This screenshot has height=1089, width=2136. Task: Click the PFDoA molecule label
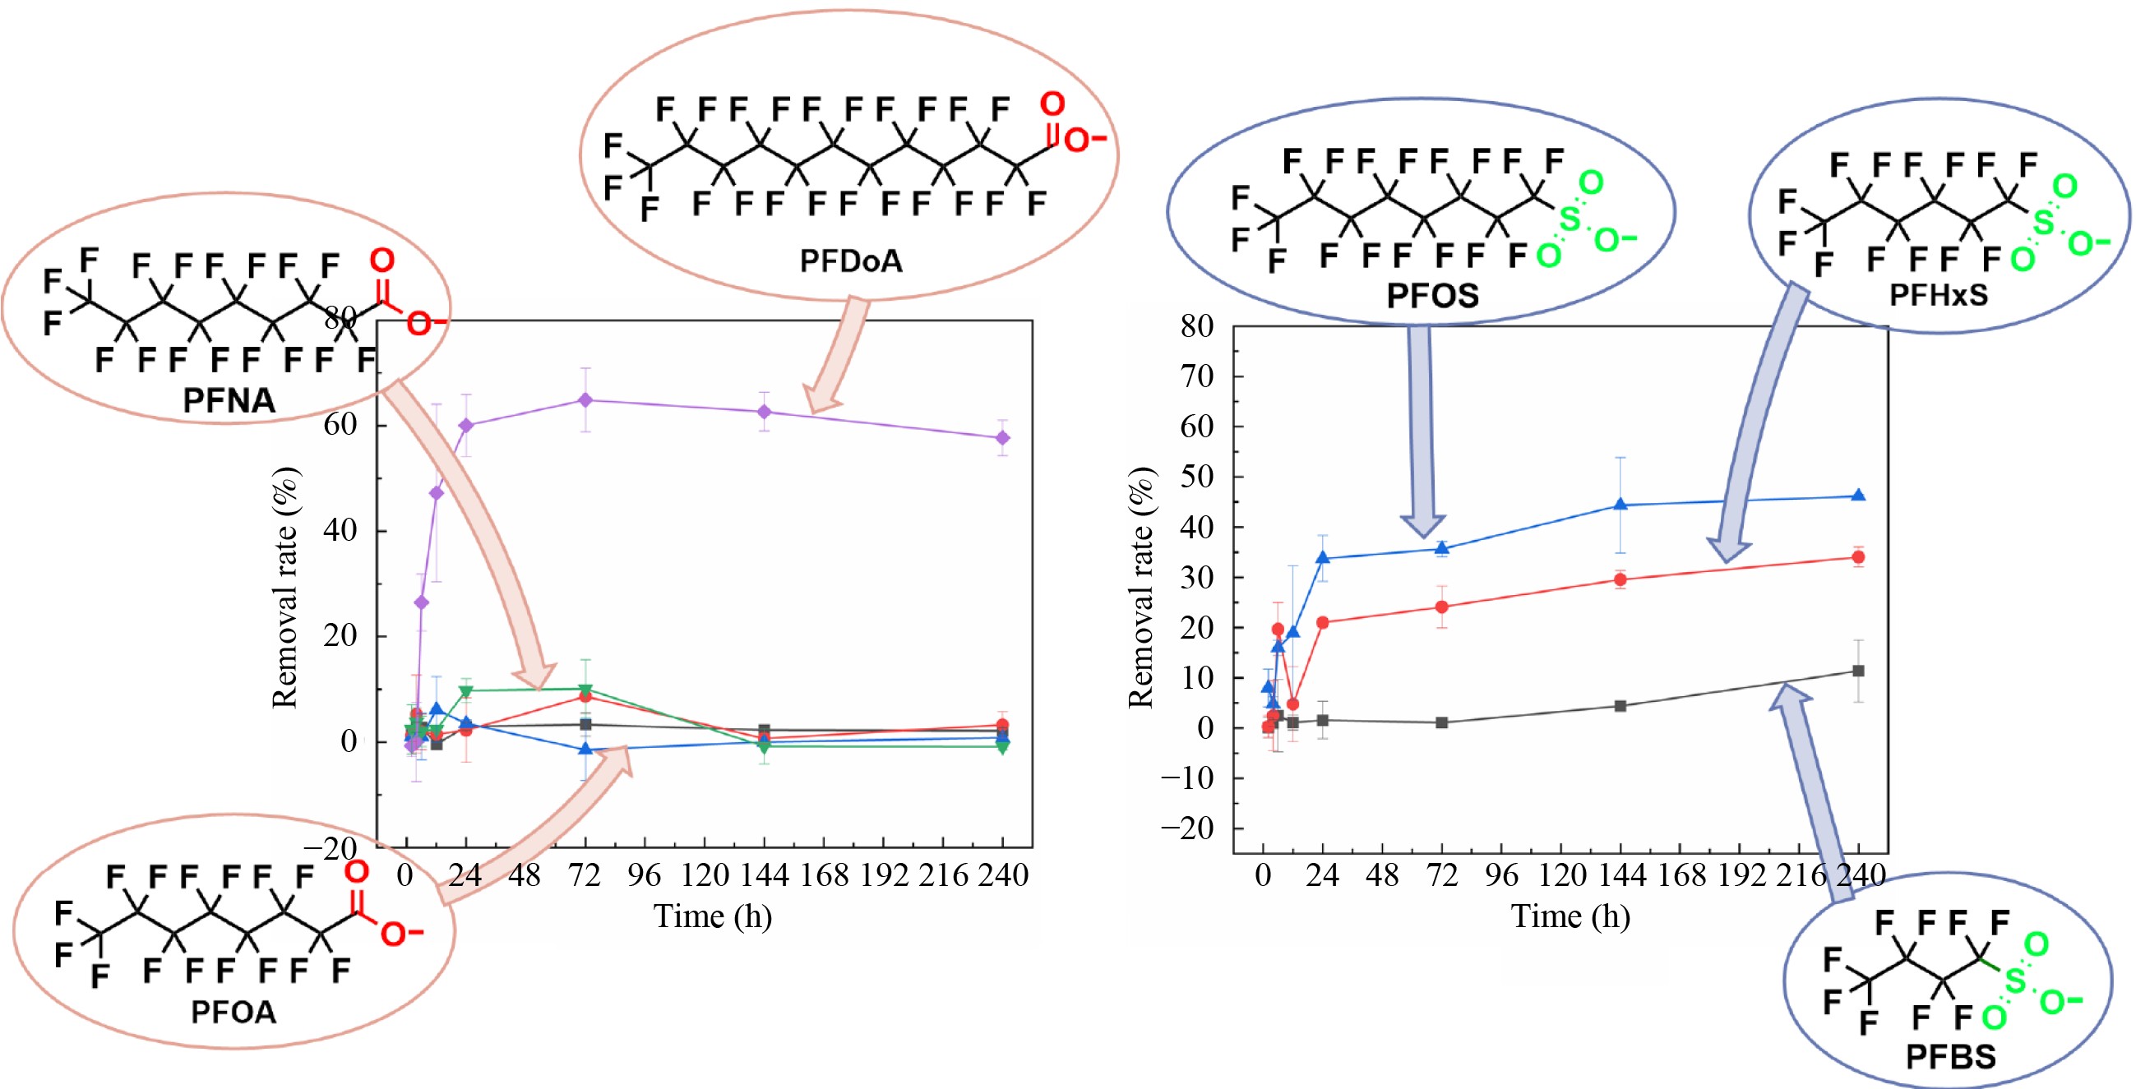tap(850, 261)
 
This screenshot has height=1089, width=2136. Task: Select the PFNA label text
tap(229, 401)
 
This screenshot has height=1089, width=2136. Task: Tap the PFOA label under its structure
tap(233, 1012)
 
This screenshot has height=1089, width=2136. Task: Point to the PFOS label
tap(1432, 296)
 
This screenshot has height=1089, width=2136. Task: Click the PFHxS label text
tap(1938, 295)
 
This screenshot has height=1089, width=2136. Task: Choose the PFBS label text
tap(1950, 1057)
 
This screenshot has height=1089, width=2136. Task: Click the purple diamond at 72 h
tap(585, 400)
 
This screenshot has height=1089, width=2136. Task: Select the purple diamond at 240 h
tap(1002, 437)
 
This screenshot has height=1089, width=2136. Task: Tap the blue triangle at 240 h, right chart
tap(1858, 496)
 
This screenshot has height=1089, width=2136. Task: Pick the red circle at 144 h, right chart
tap(1620, 580)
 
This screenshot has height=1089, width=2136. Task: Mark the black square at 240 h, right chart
tap(1858, 671)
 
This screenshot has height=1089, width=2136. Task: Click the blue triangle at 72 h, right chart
tap(1442, 548)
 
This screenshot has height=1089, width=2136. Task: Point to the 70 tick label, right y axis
tap(1196, 377)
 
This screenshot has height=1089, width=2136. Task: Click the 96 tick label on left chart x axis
tap(645, 876)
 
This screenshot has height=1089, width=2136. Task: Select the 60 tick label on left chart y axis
tap(340, 424)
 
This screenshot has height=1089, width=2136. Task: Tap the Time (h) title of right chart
tap(1570, 916)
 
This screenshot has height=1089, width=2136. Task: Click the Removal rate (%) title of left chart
tap(285, 588)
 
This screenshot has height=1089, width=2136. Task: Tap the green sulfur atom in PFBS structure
tap(2014, 981)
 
